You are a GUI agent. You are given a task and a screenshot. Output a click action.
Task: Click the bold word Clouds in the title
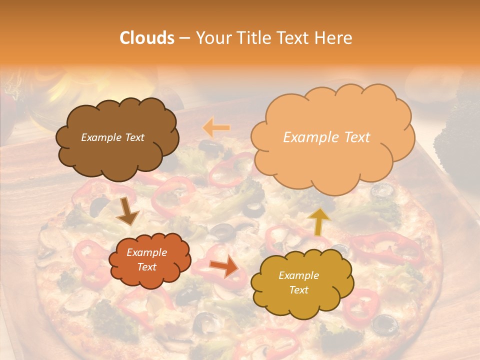147,38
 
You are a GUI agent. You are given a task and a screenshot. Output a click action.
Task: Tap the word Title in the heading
250,38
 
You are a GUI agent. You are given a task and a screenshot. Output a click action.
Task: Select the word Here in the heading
334,38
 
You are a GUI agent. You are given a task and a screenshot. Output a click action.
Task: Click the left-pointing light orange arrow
216,128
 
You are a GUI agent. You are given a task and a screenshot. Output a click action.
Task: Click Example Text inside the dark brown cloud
112,137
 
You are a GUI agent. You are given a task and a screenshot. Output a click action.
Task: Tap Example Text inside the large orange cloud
326,137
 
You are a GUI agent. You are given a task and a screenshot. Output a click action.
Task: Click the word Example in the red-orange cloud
146,253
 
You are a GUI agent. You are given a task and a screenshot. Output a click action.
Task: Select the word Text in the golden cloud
299,290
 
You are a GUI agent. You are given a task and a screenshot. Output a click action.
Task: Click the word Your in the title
211,38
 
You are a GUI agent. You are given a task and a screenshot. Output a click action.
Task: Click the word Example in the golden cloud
298,275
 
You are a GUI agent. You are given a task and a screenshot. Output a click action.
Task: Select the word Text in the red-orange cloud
146,267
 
